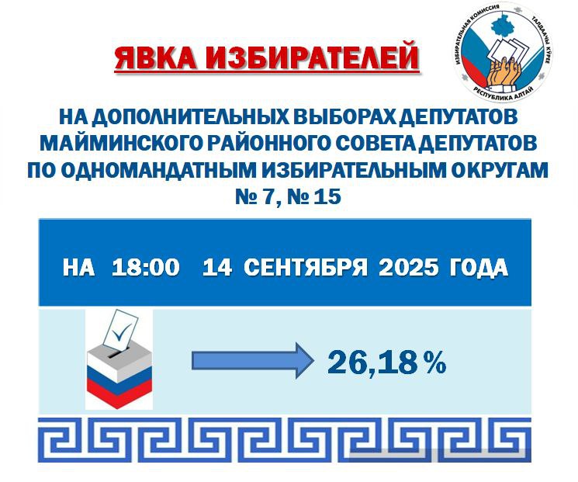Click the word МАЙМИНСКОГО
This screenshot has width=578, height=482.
(121, 144)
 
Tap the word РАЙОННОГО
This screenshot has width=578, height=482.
(268, 144)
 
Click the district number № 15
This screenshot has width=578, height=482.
(313, 196)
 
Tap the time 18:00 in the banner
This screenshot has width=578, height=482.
(146, 267)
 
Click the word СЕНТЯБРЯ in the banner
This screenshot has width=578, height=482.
(306, 267)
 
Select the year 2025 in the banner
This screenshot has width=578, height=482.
(409, 267)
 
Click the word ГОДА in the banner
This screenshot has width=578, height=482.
(479, 268)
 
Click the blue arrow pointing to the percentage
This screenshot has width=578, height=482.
(252, 361)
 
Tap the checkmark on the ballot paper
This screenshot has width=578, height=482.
(122, 332)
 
